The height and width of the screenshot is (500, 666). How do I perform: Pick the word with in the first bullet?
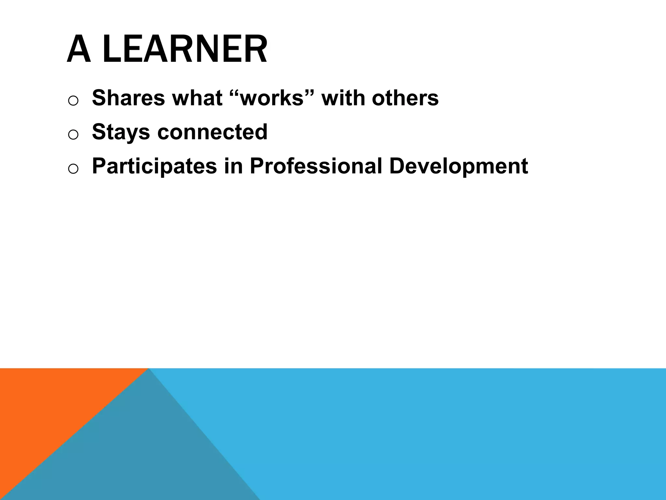point(343,98)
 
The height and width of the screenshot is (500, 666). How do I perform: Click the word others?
point(405,98)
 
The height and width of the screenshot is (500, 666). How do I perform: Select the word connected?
point(212,132)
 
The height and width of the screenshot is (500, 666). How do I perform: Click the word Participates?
point(154,166)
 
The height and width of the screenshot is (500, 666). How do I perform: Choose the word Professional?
point(316,166)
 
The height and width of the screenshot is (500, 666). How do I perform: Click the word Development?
point(459,166)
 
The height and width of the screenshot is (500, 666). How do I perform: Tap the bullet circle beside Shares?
point(73,101)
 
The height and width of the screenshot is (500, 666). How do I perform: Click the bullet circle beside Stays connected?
point(73,135)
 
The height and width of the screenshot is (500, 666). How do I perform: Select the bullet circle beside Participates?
point(73,169)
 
